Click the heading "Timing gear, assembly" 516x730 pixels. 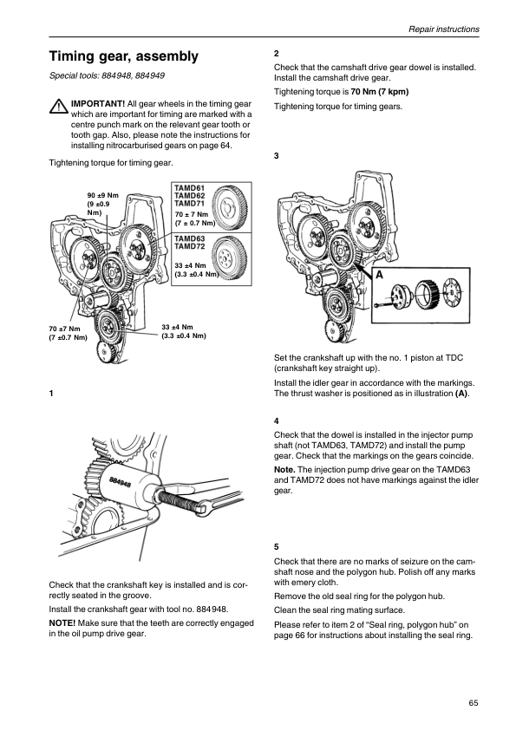124,56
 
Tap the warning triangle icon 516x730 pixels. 59,107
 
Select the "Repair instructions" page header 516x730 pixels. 444,29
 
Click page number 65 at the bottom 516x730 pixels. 474,703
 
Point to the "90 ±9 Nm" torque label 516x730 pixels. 103,196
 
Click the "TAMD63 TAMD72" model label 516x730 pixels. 190,242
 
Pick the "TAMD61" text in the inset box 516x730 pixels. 190,188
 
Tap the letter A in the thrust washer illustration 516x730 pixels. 379,275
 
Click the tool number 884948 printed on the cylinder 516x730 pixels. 121,483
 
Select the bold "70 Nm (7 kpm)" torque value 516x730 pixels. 380,92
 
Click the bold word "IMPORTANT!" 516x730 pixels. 98,104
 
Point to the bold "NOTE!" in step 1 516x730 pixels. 62,622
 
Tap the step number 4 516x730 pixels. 276,420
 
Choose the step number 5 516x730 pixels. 276,546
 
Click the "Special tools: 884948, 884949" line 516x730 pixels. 107,75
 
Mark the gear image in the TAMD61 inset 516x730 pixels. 229,206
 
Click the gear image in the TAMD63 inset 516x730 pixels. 229,257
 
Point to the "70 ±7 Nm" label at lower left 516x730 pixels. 65,329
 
